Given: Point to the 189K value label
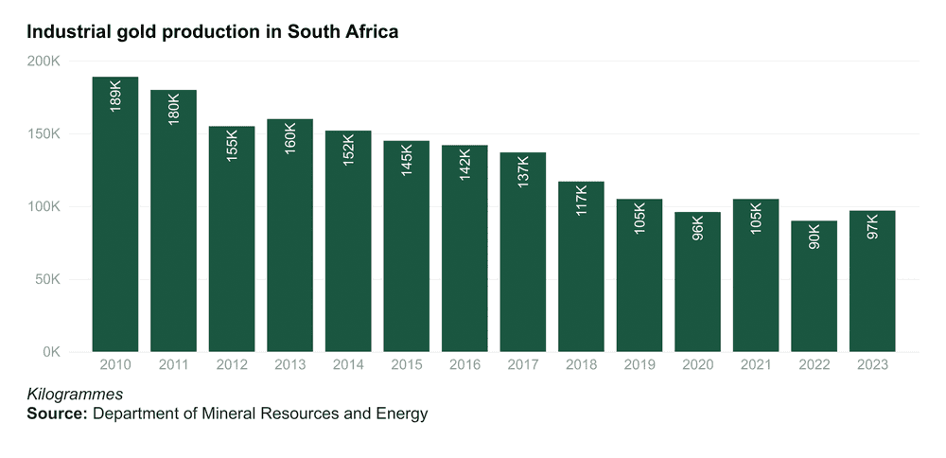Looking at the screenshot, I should pos(115,97).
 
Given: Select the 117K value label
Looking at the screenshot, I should pos(581,200).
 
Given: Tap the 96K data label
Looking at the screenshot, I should pos(698,227).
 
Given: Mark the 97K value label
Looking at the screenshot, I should pos(873,226).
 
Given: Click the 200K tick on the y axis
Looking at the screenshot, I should pos(44,62).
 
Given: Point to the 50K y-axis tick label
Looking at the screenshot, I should pos(47,280).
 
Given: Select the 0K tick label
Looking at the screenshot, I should pos(51,352).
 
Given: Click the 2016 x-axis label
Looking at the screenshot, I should pos(464,364).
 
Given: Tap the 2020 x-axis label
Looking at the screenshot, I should pos(698,364).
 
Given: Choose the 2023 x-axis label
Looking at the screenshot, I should pos(873,364).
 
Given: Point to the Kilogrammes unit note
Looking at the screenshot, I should pos(75,394).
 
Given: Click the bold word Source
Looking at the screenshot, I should pos(58,414).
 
